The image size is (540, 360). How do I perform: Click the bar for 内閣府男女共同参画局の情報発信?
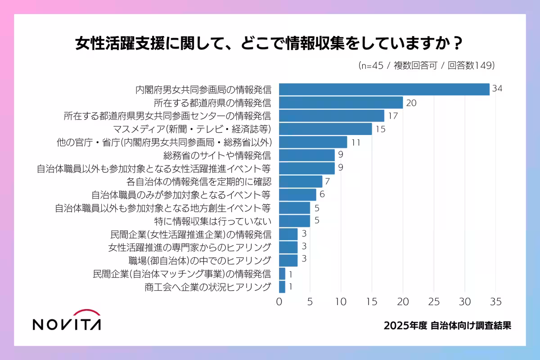point(384,89)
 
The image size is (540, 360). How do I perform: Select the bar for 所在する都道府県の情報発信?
point(341,103)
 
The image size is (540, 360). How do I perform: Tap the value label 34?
point(497,89)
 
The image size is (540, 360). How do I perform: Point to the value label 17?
point(393,116)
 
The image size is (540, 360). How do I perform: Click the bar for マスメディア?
point(325,129)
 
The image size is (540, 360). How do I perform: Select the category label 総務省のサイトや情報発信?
point(217,156)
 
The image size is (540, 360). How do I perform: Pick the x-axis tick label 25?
point(434,301)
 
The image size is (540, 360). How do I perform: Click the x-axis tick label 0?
point(279,301)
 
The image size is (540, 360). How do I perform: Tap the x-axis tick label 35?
point(495,301)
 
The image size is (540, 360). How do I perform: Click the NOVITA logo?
point(67,320)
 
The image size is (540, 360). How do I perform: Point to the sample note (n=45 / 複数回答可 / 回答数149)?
point(427,65)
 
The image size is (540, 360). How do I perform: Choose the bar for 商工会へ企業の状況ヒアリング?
point(282,287)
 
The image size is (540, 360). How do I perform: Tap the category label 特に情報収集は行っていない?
point(213,221)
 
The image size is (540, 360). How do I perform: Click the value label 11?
point(356,142)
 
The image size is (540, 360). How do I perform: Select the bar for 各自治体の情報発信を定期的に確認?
point(301,182)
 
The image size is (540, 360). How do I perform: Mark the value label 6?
point(322,195)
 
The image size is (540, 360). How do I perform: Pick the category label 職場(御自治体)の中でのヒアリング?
point(200,261)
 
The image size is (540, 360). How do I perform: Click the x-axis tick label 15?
point(372,301)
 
